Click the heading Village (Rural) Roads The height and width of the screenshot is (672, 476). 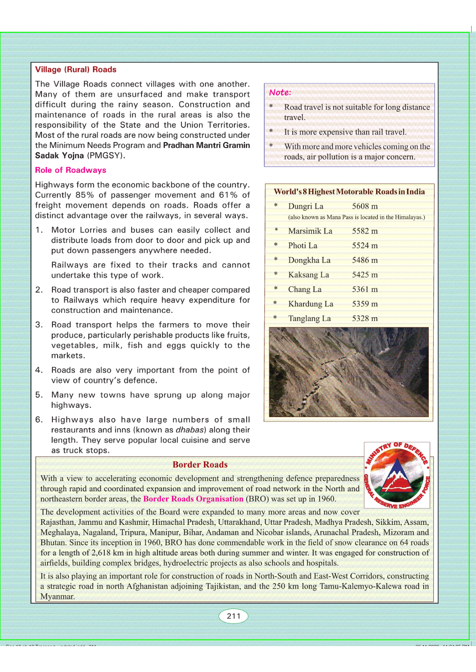point(76,69)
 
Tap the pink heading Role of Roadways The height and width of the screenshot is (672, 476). point(70,170)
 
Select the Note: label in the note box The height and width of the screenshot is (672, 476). point(280,92)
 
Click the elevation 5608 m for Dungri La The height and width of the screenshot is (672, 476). point(364,206)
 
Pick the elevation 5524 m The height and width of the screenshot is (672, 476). point(364,246)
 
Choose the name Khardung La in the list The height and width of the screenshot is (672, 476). point(311,304)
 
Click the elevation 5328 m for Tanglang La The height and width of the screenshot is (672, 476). point(364,318)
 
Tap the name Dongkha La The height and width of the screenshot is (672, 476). point(309,260)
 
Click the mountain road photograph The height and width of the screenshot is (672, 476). point(349,372)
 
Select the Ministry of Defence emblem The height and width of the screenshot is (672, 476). point(397,475)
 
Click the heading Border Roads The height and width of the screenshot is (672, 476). point(200,464)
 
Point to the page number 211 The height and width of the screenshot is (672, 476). point(233,616)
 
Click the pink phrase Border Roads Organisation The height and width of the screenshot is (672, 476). point(193,499)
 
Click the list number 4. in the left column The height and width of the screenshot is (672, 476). point(39,370)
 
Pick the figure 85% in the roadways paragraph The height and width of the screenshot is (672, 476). point(85,195)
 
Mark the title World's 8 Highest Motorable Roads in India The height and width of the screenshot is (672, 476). point(349,192)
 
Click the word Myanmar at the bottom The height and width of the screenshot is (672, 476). point(57,597)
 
